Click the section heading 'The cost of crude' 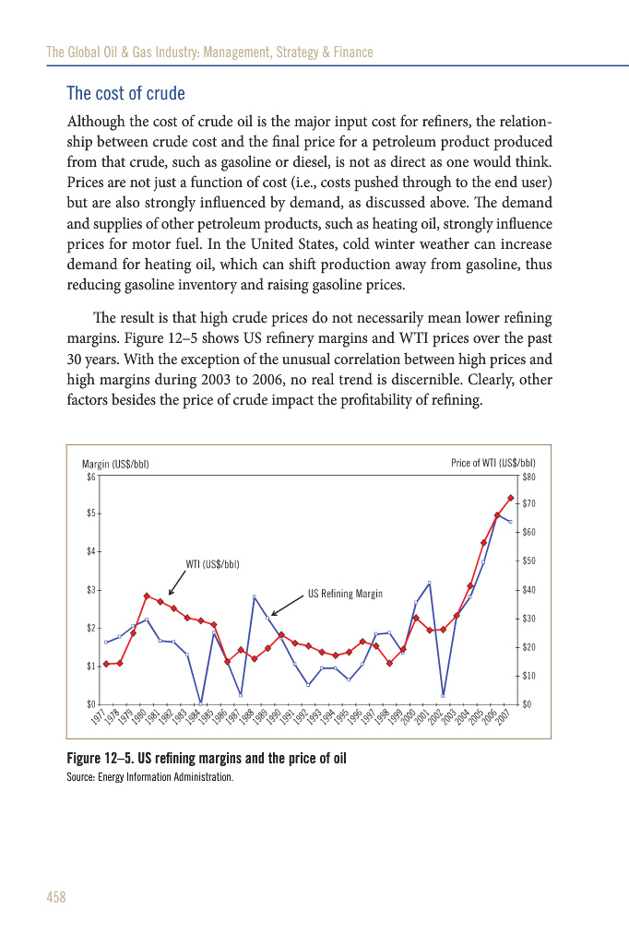click(126, 94)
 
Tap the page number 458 click(56, 897)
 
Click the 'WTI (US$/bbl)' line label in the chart click(213, 563)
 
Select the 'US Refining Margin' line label click(344, 594)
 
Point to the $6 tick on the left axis click(90, 477)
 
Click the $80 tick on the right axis click(528, 477)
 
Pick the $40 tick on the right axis click(528, 590)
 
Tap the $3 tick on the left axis click(90, 590)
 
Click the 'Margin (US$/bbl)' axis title click(115, 464)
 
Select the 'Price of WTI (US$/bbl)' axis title click(493, 464)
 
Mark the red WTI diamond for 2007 click(511, 498)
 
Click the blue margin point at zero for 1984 click(201, 703)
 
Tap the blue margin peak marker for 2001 click(430, 583)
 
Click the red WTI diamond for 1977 click(107, 664)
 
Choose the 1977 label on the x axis click(98, 716)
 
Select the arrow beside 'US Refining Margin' click(286, 604)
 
